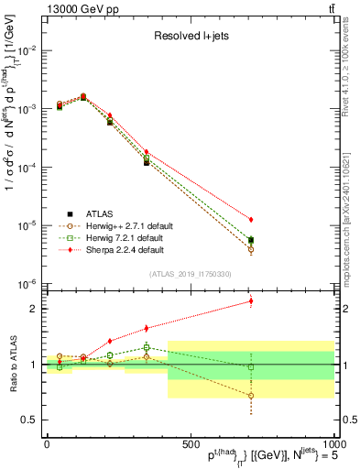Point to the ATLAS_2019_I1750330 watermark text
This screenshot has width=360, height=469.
[189, 273]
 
